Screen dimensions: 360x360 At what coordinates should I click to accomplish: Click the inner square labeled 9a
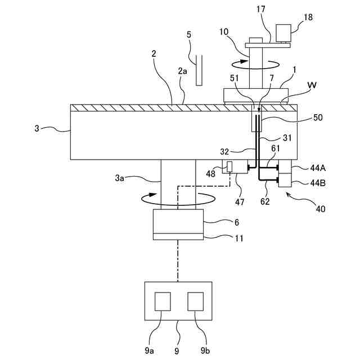point(163,301)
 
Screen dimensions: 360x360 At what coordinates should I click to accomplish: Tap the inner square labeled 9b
point(196,301)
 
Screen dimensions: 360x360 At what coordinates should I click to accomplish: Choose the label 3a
point(119,178)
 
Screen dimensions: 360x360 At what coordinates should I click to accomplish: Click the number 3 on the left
point(37,129)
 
